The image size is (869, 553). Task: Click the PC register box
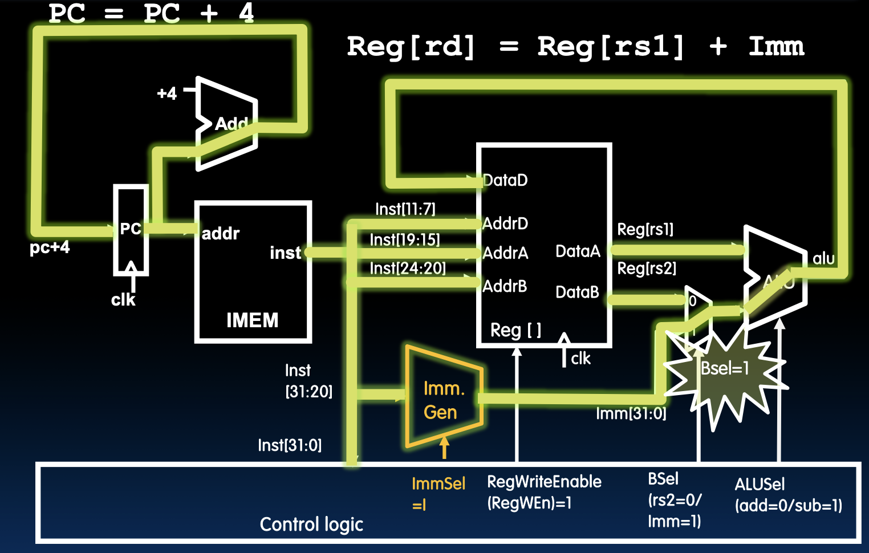131,230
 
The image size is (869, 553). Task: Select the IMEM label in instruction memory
252,320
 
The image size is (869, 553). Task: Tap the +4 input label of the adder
167,93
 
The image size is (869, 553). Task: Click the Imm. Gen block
442,399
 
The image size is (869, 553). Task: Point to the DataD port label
505,180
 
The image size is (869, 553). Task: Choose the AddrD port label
505,223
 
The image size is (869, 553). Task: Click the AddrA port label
505,253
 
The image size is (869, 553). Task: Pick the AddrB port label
505,286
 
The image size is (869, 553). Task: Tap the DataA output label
578,251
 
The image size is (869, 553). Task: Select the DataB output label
577,292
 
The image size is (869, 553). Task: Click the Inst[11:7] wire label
405,209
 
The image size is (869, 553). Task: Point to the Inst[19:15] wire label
405,239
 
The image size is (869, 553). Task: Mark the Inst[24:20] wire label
407,268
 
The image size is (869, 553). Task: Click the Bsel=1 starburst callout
724,369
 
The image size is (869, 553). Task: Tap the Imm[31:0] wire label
631,413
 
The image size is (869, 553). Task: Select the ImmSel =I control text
438,494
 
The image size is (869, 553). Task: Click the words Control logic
311,524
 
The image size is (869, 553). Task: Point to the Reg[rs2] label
647,268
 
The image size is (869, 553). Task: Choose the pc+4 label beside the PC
50,247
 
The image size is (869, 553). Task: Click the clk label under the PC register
123,300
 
